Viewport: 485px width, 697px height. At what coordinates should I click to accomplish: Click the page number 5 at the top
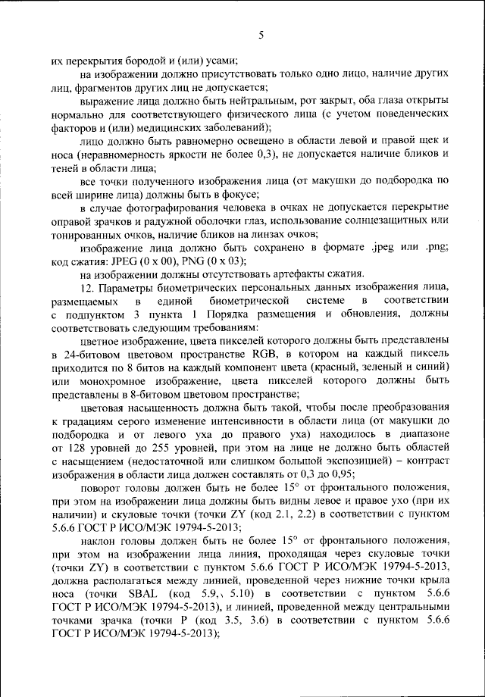click(260, 36)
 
